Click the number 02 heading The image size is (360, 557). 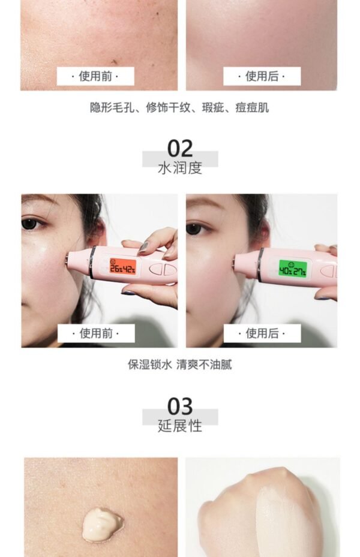[180, 148]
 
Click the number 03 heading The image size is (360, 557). [180, 406]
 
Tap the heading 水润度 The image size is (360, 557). [180, 167]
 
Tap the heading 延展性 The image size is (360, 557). [180, 426]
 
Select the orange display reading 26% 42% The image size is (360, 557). [122, 266]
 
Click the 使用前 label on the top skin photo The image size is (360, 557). [95, 76]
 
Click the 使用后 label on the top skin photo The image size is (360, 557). [262, 76]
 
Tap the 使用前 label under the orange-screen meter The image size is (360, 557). [95, 333]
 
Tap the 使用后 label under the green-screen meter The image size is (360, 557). [262, 333]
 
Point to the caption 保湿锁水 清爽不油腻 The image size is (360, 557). [180, 365]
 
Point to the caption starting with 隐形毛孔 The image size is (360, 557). [180, 108]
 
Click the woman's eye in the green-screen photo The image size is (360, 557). [193, 228]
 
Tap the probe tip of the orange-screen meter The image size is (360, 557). [70, 260]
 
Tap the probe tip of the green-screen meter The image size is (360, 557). [236, 262]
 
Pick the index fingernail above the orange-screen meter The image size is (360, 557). [144, 246]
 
